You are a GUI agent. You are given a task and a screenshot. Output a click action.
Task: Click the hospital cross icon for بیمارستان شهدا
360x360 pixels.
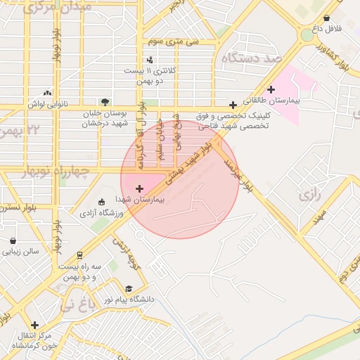[x=139, y=188]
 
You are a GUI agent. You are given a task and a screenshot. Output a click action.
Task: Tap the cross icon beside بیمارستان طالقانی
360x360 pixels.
[x=271, y=89]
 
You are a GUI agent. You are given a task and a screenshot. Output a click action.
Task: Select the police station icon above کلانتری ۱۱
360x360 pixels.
[x=150, y=60]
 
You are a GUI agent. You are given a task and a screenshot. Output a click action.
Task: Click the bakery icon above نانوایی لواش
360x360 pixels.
[x=47, y=92]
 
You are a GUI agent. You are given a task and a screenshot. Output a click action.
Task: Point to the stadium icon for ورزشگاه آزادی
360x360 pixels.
[x=103, y=202]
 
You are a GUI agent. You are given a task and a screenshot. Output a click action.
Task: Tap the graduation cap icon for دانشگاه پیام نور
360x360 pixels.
[x=128, y=289]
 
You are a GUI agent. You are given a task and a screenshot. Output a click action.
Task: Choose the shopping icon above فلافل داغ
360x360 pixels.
[x=326, y=18]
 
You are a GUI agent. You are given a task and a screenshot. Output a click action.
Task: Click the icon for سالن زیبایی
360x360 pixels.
[x=13, y=240]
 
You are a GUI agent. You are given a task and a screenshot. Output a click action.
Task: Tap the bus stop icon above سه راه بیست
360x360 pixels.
[x=80, y=255]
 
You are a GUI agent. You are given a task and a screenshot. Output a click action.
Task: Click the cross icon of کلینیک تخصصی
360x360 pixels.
[x=233, y=105]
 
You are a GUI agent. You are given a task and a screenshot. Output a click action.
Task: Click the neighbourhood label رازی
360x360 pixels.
[x=309, y=195]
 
